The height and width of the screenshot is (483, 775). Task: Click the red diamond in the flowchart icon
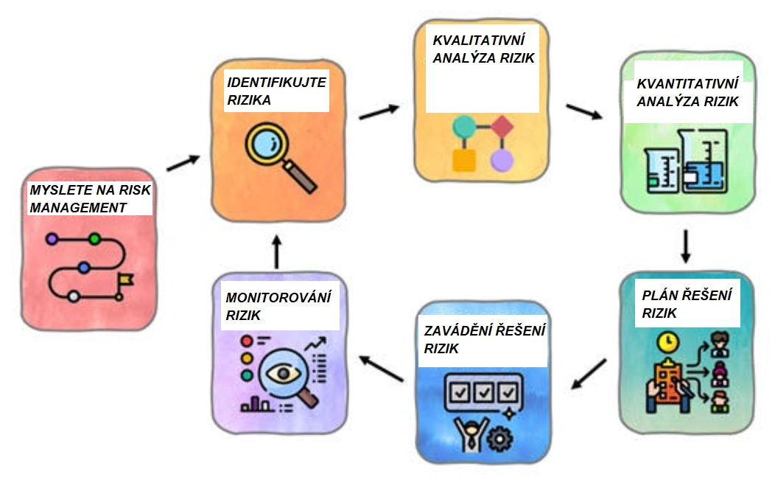click(502, 127)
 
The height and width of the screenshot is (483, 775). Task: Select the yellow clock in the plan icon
click(669, 342)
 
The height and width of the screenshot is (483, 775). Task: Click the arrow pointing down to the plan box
click(685, 247)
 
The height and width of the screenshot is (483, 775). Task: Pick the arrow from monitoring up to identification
click(276, 252)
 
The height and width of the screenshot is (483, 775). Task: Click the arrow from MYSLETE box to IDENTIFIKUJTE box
click(183, 163)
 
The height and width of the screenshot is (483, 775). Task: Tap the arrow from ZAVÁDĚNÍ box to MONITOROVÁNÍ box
click(381, 367)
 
